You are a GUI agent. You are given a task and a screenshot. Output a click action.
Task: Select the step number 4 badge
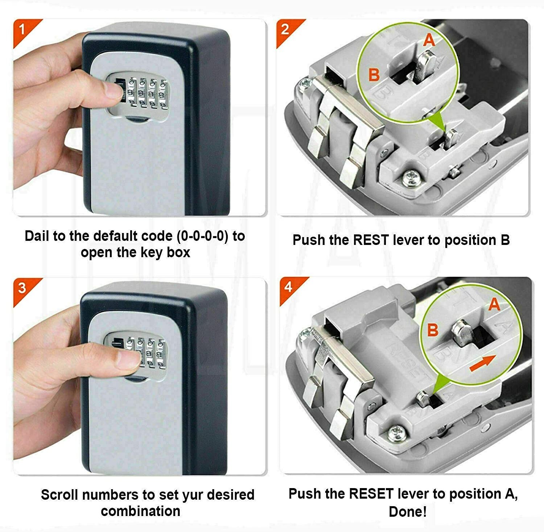point(289,287)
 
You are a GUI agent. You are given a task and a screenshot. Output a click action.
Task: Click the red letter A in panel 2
point(429,40)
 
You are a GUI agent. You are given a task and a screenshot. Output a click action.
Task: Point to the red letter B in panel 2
point(374,75)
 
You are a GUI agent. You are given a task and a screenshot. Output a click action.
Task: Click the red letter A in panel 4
point(494,304)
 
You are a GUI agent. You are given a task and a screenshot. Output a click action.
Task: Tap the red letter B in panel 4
point(433,330)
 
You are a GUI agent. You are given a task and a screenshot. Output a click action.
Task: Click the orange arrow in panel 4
point(482,363)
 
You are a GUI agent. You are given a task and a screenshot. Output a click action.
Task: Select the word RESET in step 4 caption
point(371,494)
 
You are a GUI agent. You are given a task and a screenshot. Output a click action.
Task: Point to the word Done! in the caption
point(407,512)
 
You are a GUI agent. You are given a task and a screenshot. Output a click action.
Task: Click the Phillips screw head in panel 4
point(396,433)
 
